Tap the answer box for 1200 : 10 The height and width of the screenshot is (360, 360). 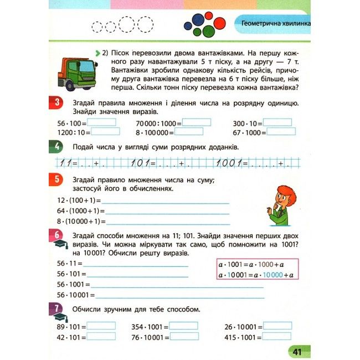click(105, 132)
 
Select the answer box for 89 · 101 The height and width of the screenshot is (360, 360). click(101, 326)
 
